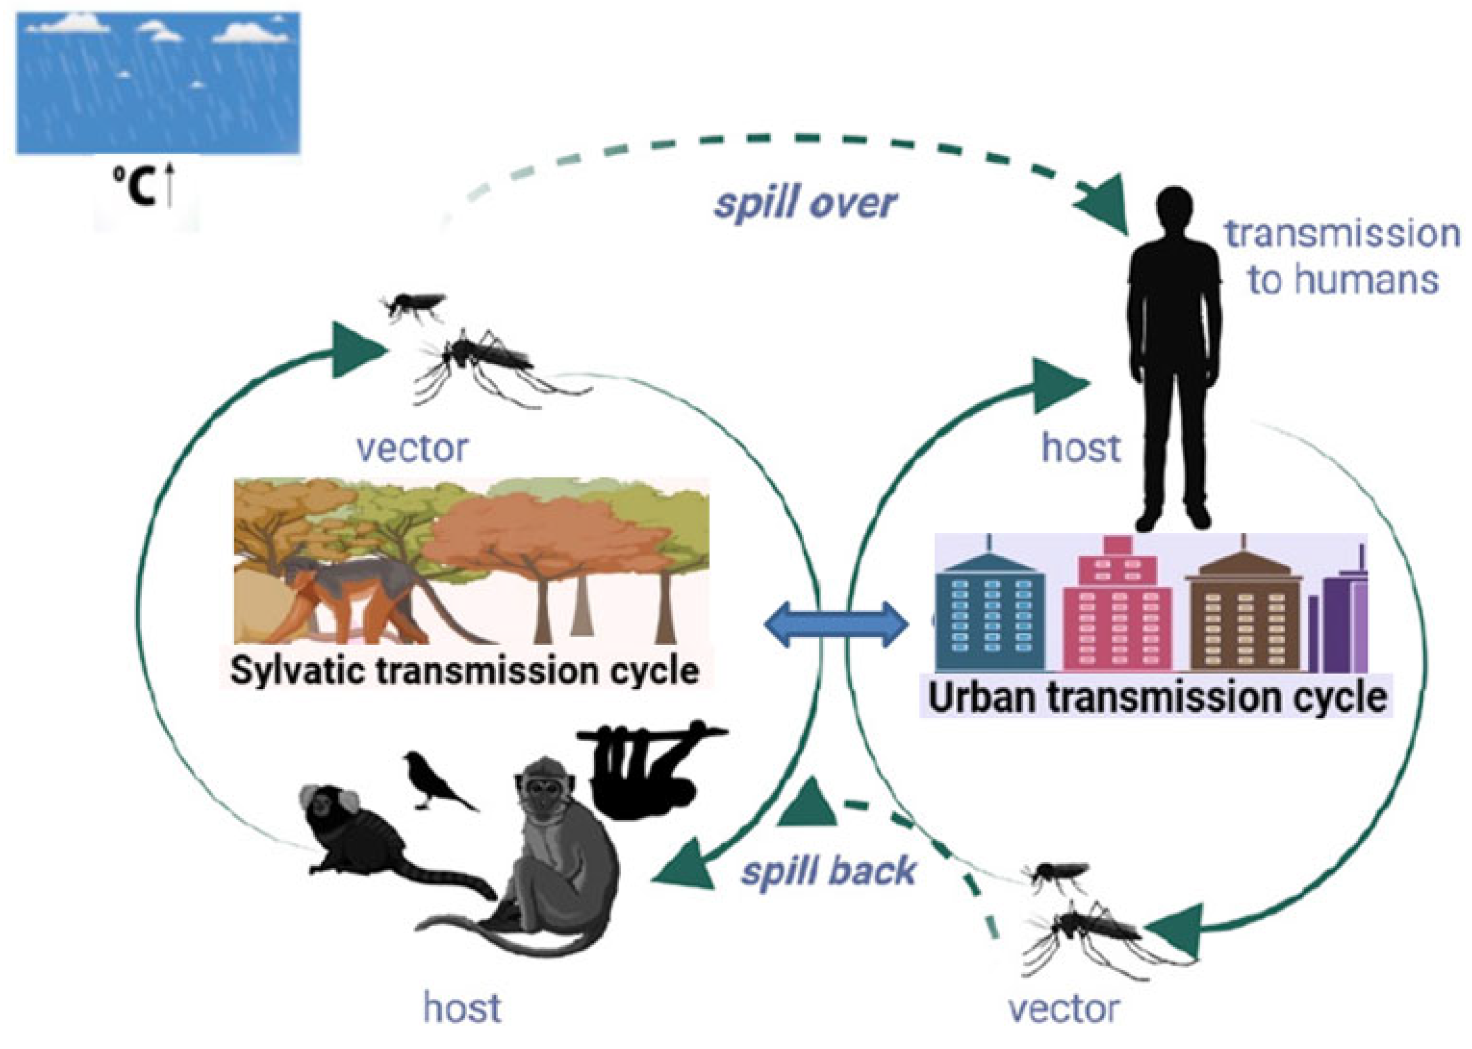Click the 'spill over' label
pos(805,204)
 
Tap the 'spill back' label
pos(828,871)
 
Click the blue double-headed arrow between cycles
pos(836,624)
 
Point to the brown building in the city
pos(1243,614)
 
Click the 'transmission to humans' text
pos(1342,256)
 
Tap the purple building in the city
pos(1344,620)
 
